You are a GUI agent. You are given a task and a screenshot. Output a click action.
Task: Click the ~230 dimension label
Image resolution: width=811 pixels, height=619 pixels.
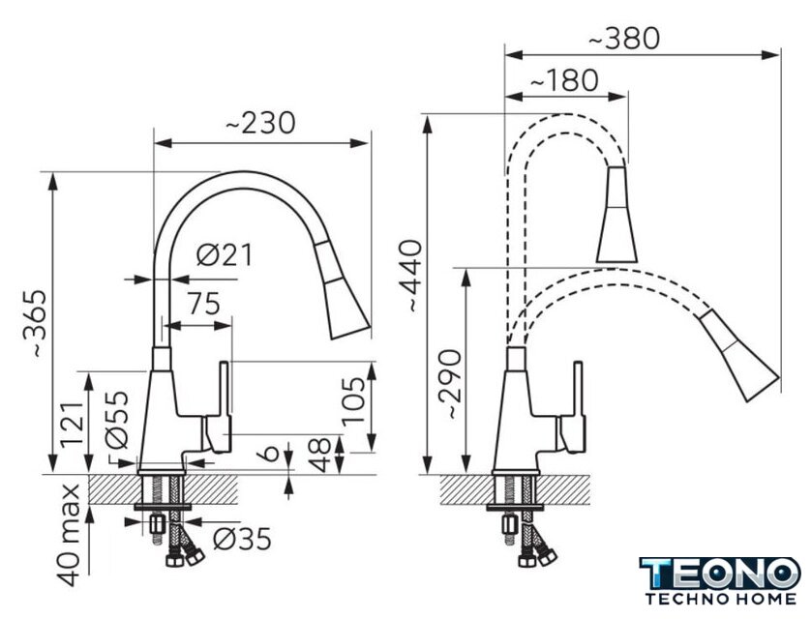(x=260, y=123)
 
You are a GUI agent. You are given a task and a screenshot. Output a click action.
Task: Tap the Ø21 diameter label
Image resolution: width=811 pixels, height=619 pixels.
(x=225, y=254)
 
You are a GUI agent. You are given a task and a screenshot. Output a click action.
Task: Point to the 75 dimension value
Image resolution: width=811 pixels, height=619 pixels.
(x=203, y=304)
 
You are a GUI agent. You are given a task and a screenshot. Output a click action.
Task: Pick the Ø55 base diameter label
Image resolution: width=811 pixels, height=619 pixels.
(x=116, y=420)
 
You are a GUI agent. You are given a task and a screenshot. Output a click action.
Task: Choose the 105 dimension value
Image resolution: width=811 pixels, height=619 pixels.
(x=354, y=400)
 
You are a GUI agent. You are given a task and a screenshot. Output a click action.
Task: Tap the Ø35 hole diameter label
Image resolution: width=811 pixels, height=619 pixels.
(x=243, y=540)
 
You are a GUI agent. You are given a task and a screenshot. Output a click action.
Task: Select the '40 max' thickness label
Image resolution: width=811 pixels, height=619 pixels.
(x=69, y=535)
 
